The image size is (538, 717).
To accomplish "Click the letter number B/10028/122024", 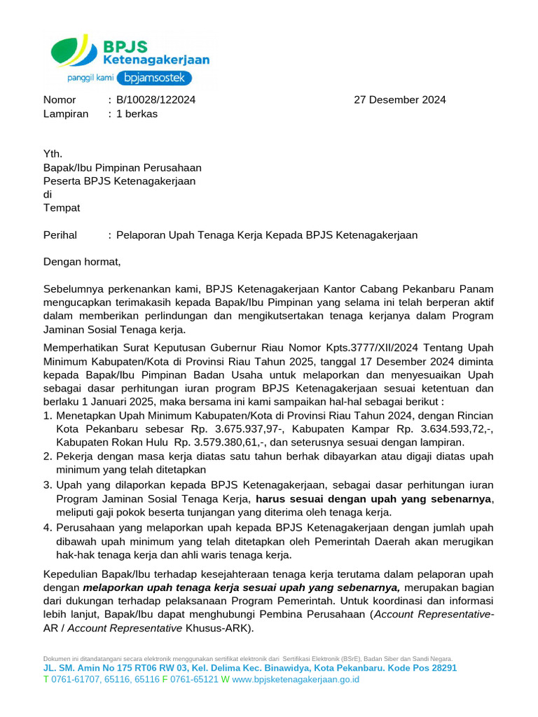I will (x=156, y=99).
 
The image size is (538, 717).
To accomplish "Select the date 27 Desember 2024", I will (x=399, y=99).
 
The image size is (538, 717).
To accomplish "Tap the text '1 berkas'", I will (x=137, y=113).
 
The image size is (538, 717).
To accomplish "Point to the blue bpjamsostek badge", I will (x=153, y=78).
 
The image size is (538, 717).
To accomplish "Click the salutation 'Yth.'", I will (x=53, y=154).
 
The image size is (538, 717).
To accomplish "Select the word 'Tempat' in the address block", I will (x=62, y=208).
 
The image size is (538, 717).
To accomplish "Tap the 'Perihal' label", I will (x=60, y=235).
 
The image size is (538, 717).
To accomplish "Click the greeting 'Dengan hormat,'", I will (x=82, y=262).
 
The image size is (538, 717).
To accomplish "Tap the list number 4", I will (x=48, y=528).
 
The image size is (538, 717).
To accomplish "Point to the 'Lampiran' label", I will (x=66, y=113).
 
